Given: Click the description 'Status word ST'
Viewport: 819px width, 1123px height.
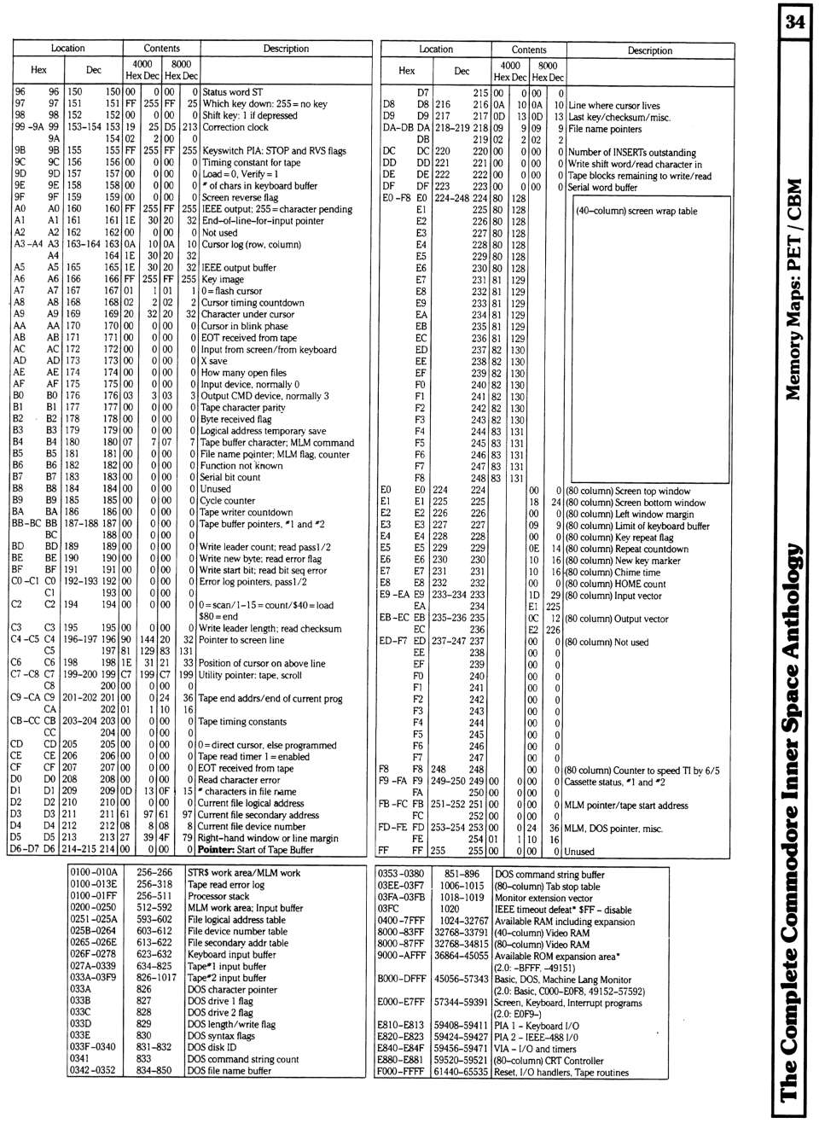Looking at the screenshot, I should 232,92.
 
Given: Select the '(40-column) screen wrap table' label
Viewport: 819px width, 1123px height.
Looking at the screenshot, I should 636,211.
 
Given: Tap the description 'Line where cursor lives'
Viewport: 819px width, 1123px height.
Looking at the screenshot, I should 613,106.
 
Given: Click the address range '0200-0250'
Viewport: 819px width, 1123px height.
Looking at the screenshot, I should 93,908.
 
